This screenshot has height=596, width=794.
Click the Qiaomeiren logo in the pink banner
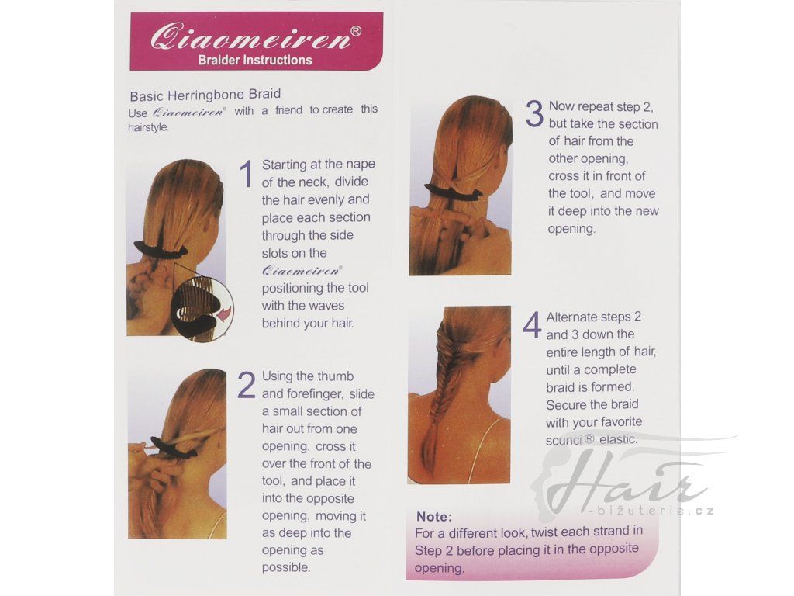click(x=250, y=37)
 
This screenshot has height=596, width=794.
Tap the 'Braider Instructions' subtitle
click(x=254, y=60)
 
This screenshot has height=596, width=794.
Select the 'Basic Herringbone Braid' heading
click(x=205, y=95)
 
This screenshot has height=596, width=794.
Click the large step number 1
click(x=247, y=174)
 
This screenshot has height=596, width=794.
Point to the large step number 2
click(x=247, y=385)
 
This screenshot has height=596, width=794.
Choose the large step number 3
click(x=534, y=113)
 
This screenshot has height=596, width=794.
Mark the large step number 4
click(x=532, y=325)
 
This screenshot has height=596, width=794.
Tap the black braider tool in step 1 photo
click(x=161, y=249)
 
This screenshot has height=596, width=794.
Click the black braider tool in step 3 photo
click(x=453, y=192)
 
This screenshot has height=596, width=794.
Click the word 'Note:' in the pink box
click(x=434, y=516)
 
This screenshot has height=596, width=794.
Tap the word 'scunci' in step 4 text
click(x=564, y=440)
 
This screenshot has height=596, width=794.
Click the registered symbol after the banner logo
click(x=356, y=31)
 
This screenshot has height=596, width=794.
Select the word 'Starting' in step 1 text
click(x=285, y=165)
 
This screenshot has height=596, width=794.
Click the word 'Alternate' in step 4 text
click(x=571, y=317)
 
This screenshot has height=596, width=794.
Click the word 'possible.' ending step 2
click(x=286, y=568)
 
